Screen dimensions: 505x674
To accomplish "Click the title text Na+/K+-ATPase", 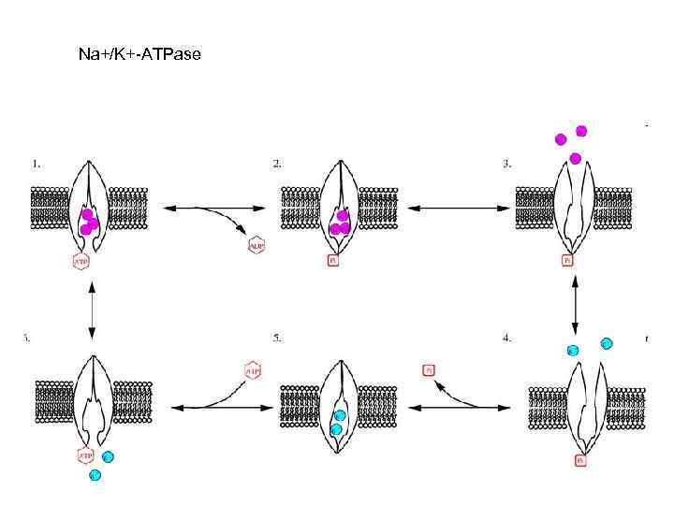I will pos(139,55).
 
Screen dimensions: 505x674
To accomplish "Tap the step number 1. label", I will pos(37,163).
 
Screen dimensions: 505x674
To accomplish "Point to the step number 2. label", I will pos(278,163).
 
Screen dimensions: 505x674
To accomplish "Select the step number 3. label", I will pos(506,163).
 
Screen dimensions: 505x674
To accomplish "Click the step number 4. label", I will pos(506,338).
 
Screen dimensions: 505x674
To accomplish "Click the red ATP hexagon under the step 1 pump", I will pos(82,261).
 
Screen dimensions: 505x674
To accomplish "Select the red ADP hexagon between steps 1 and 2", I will pos(256,245).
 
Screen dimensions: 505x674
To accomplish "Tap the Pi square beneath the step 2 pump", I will pos(332,261).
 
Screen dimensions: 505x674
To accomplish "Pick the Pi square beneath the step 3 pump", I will pos(567,261).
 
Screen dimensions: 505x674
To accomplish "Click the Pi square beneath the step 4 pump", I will pos(581,460).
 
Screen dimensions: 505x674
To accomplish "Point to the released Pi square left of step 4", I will pos(429,369).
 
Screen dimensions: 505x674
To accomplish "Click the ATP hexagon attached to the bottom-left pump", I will pos(83,456).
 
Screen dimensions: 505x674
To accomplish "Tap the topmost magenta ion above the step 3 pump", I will pos(581,130).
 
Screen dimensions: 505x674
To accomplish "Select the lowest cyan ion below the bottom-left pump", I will pos(94,475).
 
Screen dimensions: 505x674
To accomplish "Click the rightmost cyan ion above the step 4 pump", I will pos(607,343).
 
